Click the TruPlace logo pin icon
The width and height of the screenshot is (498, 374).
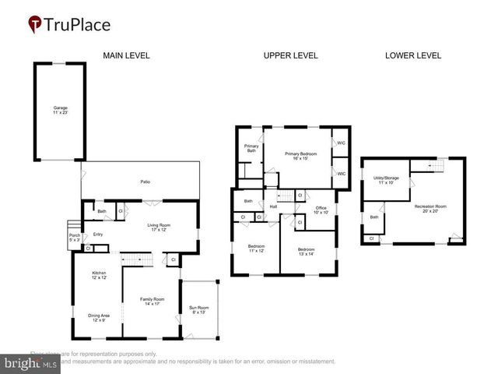(35, 24)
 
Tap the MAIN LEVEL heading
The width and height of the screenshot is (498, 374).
(127, 55)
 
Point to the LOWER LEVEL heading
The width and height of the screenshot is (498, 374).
(413, 55)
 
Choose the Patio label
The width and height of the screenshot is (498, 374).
(145, 182)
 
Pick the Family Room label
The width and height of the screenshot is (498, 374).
(152, 301)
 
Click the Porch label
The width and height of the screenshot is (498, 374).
(75, 237)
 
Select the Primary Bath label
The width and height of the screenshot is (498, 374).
(251, 148)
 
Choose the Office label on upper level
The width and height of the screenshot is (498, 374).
(321, 210)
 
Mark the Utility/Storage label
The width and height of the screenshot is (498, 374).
(386, 180)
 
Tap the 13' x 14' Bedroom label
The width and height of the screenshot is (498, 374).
(305, 252)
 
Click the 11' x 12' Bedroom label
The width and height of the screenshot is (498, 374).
(256, 248)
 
